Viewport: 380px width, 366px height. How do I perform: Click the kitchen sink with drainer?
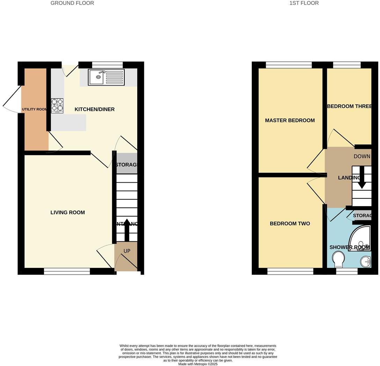point(106,77)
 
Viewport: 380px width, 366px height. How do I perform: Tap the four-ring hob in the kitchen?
point(57,105)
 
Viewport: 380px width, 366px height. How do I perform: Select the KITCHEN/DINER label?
point(95,109)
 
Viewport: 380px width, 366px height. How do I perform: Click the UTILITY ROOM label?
point(35,109)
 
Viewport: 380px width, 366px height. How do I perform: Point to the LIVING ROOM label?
point(67,212)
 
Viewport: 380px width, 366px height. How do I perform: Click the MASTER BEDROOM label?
point(290,120)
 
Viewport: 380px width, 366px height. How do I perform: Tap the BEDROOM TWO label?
point(290,224)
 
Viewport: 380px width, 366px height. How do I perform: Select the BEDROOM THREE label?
point(349,106)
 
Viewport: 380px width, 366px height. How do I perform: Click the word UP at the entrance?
point(127,251)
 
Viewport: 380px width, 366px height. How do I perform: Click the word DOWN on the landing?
point(362,156)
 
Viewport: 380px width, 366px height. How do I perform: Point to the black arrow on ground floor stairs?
point(126,230)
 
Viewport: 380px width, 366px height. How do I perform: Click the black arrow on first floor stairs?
point(362,177)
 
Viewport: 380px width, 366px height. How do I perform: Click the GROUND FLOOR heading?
point(72,3)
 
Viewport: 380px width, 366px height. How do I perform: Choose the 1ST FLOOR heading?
point(304,3)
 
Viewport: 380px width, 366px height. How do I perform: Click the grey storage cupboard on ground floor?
point(127,163)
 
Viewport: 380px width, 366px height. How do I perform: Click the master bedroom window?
point(288,65)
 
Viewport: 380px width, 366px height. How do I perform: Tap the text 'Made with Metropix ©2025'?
point(198,364)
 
